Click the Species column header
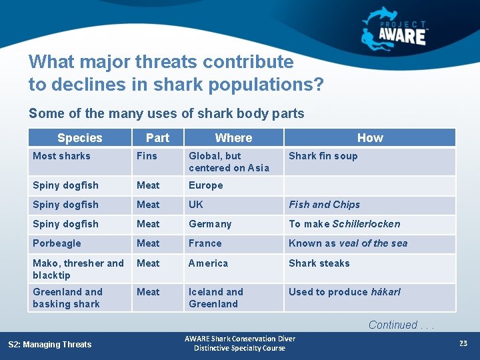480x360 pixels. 79,138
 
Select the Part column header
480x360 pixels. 157,138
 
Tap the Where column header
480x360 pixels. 233,138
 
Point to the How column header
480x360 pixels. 370,138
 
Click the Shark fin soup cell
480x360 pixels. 323,156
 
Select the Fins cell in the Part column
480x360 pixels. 147,156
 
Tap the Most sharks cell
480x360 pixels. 61,156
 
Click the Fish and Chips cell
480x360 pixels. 324,205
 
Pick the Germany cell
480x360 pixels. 210,224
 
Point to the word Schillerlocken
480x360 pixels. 366,224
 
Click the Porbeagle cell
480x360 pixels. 57,243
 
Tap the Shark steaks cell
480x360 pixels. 319,263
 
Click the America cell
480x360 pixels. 208,263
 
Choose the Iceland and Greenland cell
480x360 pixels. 215,298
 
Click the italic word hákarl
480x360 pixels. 385,292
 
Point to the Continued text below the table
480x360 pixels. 401,325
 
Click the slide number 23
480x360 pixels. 463,343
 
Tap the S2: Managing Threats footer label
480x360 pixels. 49,344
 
